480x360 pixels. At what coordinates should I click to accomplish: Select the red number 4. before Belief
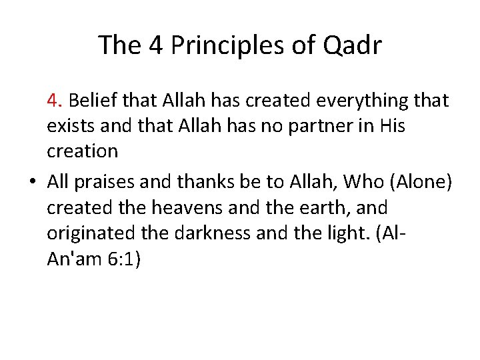click(x=55, y=101)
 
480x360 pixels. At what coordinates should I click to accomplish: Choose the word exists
click(x=70, y=125)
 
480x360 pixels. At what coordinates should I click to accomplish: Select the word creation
click(x=82, y=151)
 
